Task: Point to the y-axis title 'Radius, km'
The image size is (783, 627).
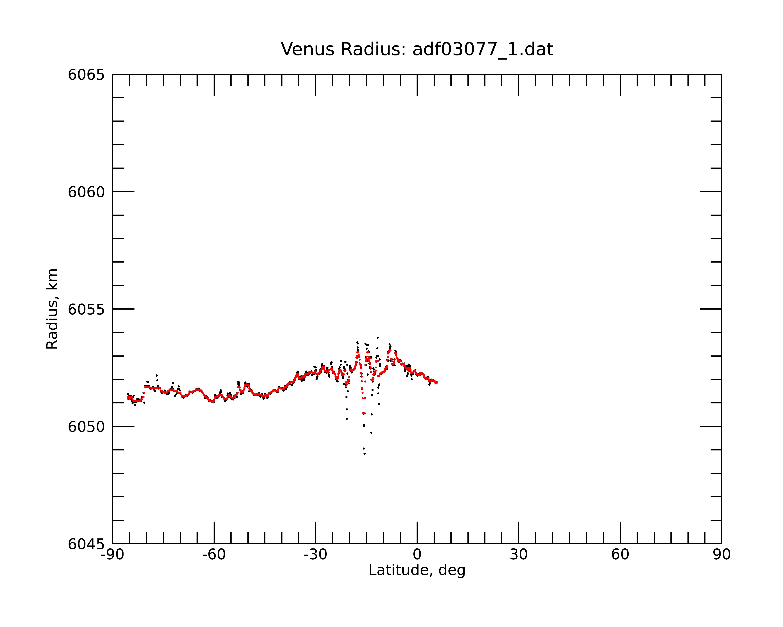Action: tap(52, 309)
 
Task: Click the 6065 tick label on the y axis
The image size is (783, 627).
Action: tap(86, 75)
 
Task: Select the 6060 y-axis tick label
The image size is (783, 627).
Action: tap(86, 192)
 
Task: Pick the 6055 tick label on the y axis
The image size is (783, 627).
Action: tap(86, 309)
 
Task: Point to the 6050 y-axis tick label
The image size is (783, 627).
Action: tap(86, 427)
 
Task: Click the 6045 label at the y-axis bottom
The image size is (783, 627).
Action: tap(86, 544)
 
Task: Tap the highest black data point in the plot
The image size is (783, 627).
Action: tap(377, 338)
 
